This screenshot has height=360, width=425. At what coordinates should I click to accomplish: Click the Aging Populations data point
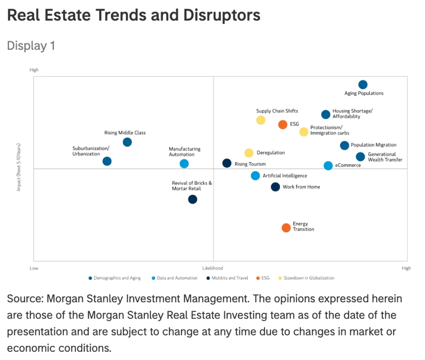(363, 85)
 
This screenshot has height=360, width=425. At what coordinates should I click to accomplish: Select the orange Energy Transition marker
(286, 228)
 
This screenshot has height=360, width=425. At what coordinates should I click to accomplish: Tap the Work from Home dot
(275, 187)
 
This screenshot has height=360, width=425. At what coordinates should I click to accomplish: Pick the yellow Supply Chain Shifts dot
(261, 120)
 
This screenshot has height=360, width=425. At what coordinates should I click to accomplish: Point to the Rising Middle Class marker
(127, 142)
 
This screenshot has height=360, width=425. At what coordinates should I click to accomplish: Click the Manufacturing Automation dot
(184, 164)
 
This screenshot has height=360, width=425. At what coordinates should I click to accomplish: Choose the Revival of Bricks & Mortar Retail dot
(192, 199)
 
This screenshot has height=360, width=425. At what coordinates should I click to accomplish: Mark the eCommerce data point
(328, 166)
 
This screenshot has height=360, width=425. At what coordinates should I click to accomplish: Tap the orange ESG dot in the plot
(283, 125)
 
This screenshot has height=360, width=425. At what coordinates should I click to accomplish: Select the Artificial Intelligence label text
(285, 176)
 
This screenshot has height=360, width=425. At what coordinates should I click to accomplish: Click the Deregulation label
(271, 153)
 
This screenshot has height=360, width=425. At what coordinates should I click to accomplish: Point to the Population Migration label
(374, 145)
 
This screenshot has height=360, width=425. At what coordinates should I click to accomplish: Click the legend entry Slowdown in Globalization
(309, 278)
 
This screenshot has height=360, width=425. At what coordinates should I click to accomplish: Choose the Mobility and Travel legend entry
(230, 278)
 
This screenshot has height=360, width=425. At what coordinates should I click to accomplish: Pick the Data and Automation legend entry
(177, 278)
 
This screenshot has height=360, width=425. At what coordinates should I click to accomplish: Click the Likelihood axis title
(213, 268)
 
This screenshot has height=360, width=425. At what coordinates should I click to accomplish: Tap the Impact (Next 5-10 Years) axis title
(19, 167)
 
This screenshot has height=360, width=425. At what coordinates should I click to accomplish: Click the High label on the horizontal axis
(406, 268)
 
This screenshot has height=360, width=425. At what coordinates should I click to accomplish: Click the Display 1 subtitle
(31, 45)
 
